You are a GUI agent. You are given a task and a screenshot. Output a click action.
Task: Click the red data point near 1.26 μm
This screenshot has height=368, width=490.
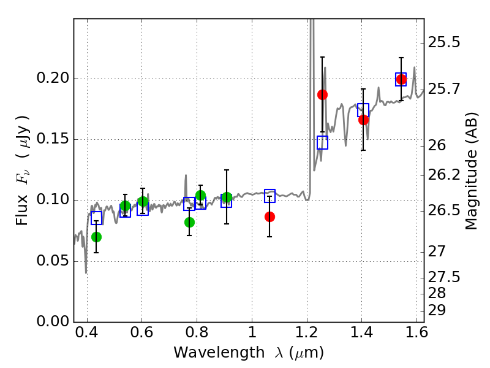322,94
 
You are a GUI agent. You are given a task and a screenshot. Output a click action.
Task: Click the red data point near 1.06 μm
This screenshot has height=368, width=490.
269,217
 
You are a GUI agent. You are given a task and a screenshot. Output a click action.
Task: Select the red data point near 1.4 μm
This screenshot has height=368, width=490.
363,120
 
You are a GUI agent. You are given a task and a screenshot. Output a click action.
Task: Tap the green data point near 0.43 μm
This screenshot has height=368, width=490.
96,237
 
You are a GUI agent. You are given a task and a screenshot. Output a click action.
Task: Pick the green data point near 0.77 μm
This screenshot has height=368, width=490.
189,222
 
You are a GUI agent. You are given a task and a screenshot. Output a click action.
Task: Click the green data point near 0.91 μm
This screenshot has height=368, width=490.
227,197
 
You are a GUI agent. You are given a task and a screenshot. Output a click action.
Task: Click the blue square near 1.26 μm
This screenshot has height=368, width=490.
322,142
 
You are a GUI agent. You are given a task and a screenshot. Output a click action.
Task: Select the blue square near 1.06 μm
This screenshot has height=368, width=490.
269,196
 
